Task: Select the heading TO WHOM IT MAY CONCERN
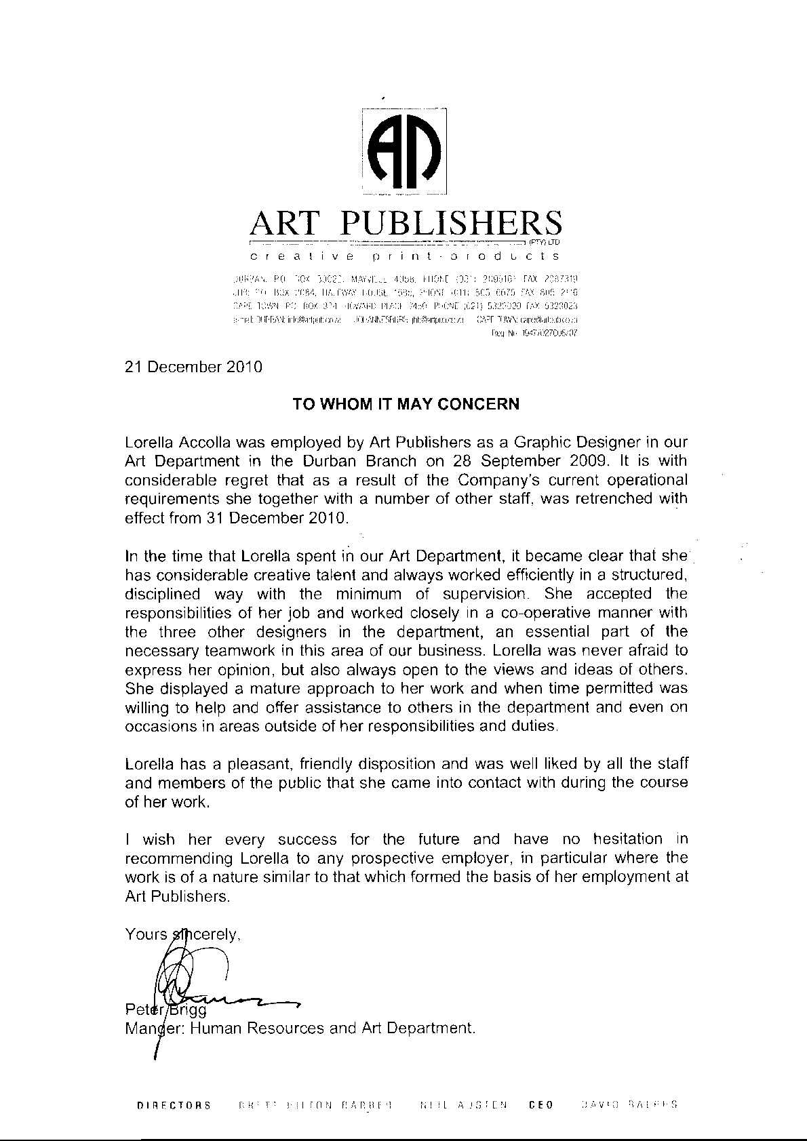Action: [406, 404]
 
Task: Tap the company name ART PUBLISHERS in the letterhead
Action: [406, 222]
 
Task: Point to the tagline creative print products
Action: [405, 256]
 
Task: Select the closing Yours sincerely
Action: [183, 934]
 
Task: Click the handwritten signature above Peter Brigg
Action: [203, 976]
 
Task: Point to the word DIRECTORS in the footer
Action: [174, 1105]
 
